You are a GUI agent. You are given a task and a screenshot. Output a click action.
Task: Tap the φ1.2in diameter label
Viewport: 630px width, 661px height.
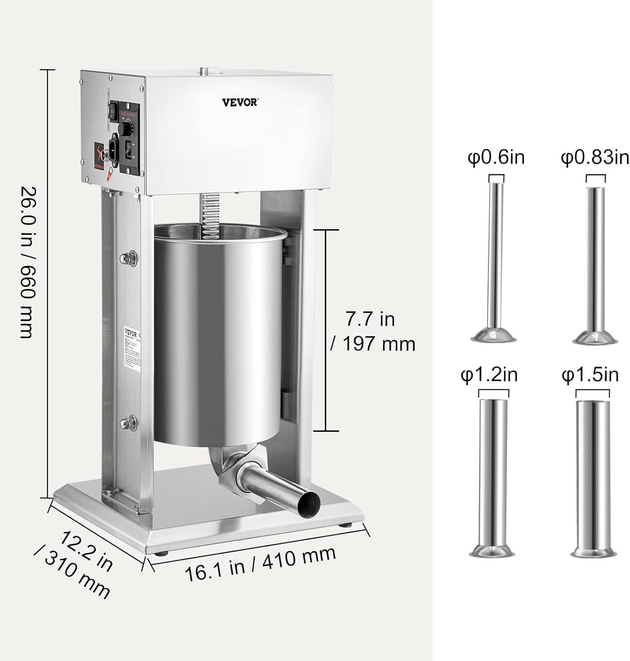click(x=489, y=375)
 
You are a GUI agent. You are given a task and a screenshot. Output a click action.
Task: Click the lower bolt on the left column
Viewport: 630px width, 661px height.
click(x=129, y=423)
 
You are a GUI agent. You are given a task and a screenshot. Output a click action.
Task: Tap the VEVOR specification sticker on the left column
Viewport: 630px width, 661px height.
click(x=132, y=348)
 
